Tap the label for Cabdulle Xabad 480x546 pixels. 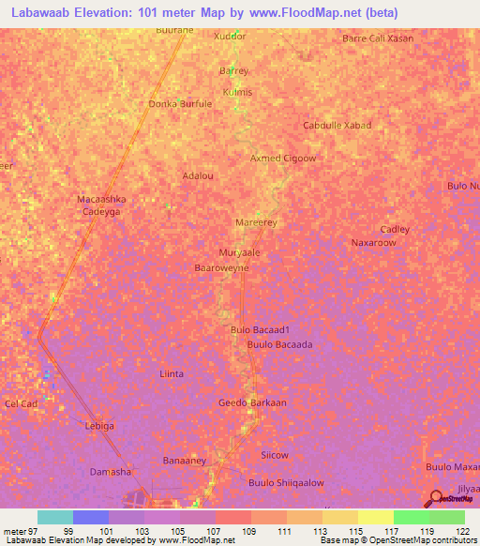pyautogui.click(x=337, y=125)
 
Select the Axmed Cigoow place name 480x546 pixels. pyautogui.click(x=283, y=159)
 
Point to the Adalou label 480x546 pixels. pyautogui.click(x=198, y=175)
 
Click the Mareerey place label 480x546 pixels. pyautogui.click(x=255, y=222)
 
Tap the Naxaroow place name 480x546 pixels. pyautogui.click(x=374, y=242)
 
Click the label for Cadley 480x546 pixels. pyautogui.click(x=395, y=229)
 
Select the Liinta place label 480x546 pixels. pyautogui.click(x=172, y=373)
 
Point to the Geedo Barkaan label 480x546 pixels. pyautogui.click(x=252, y=402)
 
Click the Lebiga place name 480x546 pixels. pyautogui.click(x=99, y=426)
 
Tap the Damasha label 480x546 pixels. pyautogui.click(x=110, y=471)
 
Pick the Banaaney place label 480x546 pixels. pyautogui.click(x=185, y=461)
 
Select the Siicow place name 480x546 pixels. pyautogui.click(x=274, y=455)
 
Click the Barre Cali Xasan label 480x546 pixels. pyautogui.click(x=378, y=38)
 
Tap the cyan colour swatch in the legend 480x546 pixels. pyautogui.click(x=55, y=517)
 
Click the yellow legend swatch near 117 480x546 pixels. pyautogui.click(x=375, y=517)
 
